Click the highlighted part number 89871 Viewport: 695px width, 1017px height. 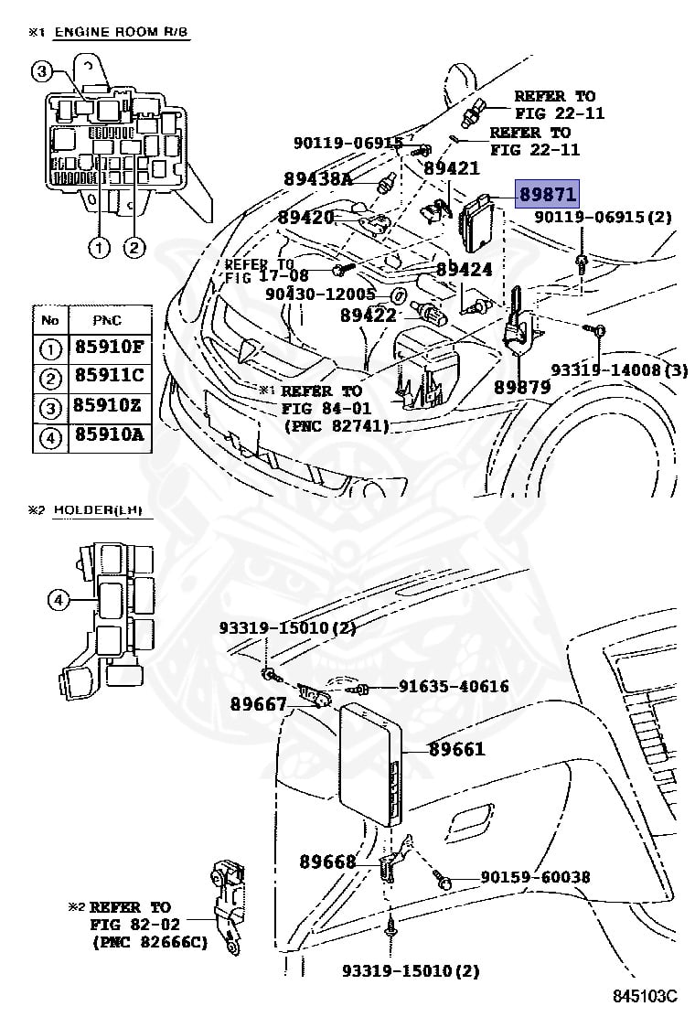point(547,194)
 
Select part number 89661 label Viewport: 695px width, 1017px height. point(456,749)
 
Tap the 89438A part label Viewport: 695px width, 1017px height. point(315,180)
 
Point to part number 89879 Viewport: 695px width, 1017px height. point(522,387)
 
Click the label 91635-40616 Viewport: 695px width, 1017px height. point(453,686)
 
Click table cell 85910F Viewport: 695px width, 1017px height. point(109,348)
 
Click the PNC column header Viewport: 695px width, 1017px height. point(108,320)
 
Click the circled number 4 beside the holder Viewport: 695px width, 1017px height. point(57,600)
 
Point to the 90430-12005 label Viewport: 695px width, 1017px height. point(320,294)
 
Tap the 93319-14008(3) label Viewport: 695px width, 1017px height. point(618,369)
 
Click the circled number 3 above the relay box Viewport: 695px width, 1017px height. point(42,70)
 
